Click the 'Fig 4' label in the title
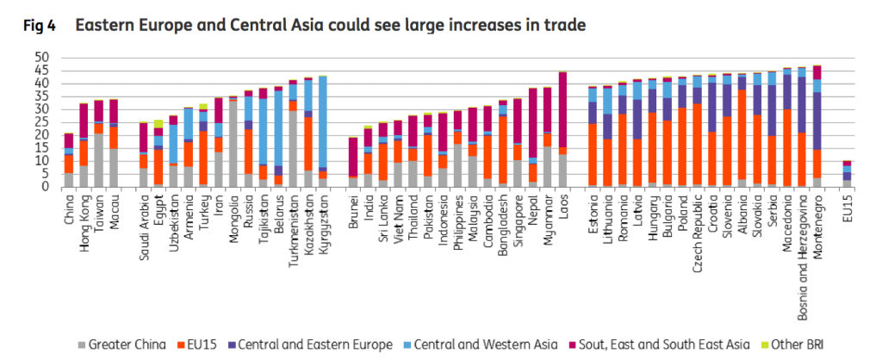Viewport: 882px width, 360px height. coord(39,27)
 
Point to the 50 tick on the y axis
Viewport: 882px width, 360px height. coord(42,58)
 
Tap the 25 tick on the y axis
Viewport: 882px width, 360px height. coord(42,122)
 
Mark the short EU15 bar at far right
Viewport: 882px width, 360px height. coord(848,174)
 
